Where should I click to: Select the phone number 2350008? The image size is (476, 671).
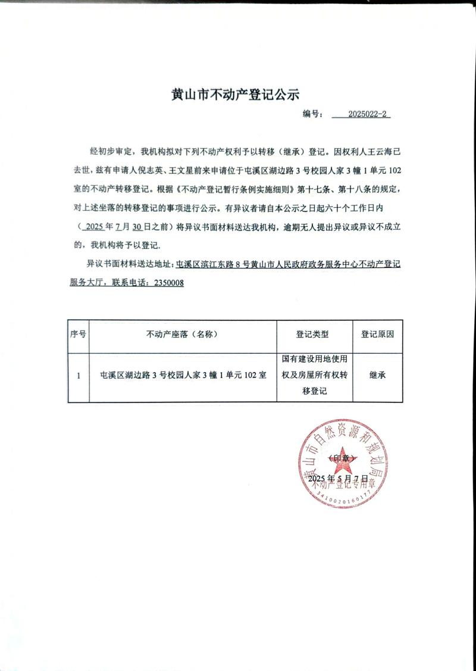(169, 283)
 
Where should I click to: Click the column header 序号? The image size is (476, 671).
(78, 335)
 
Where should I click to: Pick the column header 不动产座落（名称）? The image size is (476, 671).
(181, 335)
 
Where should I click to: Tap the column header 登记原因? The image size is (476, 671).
(377, 335)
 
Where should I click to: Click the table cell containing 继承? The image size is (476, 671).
(377, 376)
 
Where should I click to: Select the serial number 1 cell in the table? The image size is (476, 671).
(79, 376)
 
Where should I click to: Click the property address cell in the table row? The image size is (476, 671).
(182, 376)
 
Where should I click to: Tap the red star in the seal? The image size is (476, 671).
(343, 459)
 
